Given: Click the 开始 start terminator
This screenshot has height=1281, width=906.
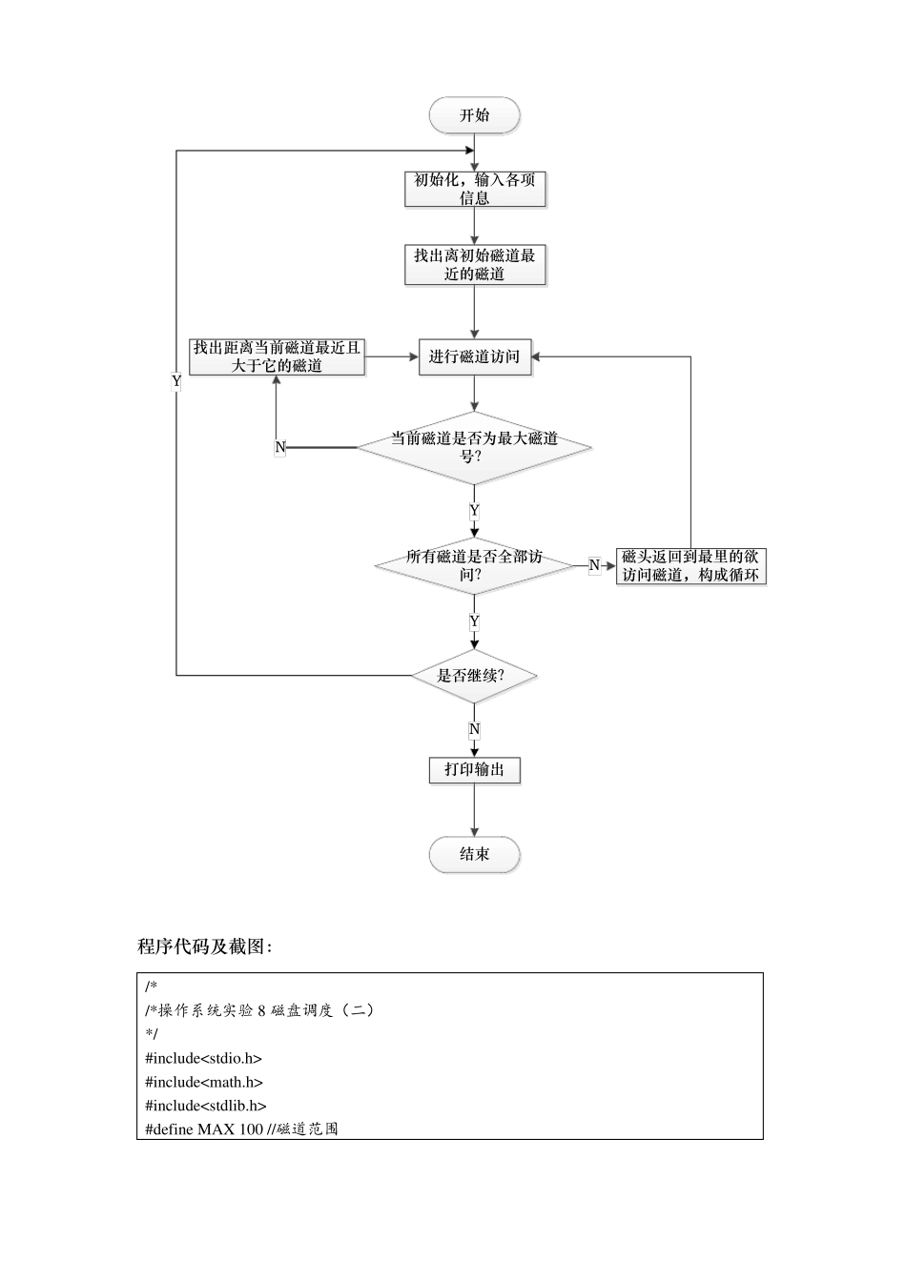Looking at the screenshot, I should coord(474,115).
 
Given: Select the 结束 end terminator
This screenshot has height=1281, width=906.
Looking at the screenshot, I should coord(474,854).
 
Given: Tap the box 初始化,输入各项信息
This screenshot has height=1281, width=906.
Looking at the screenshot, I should coord(474,189).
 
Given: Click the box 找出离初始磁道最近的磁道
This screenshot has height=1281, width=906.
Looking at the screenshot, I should coord(474,264).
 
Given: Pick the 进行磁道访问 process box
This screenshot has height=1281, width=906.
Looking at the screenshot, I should coord(474,356).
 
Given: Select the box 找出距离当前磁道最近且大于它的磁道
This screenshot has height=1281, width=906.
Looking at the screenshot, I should coord(277,356).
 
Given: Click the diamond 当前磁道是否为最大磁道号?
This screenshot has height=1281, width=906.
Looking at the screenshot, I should coord(474,447).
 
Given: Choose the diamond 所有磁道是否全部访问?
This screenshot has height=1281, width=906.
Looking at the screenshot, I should coord(474,566).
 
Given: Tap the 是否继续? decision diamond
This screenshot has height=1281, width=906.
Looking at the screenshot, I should coord(474,676).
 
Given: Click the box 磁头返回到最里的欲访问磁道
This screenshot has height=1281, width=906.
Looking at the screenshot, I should coord(690,566).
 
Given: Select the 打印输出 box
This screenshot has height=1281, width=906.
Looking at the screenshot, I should coord(474,769).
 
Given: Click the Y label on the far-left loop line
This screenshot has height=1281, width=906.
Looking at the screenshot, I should coord(176,381).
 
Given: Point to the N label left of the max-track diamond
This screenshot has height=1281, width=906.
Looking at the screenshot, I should coord(280,447).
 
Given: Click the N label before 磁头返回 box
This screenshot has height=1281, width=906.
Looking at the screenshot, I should coord(594,566).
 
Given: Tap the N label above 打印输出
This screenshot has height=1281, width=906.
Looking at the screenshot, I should coord(474,730).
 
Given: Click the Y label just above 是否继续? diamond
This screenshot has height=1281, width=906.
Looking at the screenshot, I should coord(474,622).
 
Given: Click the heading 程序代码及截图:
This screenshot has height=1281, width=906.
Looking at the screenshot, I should coord(205,946).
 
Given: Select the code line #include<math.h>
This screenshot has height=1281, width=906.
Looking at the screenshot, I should coord(204,1082).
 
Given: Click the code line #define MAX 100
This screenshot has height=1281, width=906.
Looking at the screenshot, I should coord(241,1129).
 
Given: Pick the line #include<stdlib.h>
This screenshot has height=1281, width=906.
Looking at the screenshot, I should coord(206,1106).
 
